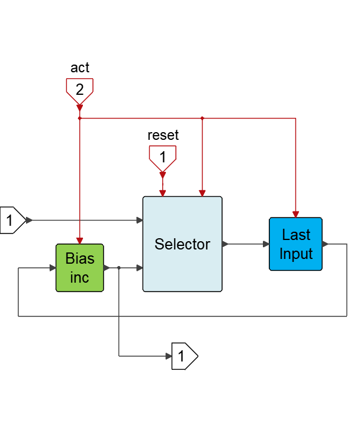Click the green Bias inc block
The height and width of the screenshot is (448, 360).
pos(80,268)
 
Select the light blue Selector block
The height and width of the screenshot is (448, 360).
pos(182,244)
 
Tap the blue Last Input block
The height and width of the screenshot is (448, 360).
pos(296,244)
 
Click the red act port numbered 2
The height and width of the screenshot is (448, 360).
pos(79,90)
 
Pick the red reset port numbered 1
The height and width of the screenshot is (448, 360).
pos(162,157)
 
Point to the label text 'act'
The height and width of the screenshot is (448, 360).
pos(80,68)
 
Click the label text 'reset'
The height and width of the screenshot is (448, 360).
pos(163,135)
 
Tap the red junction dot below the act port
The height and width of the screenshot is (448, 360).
pos(79,119)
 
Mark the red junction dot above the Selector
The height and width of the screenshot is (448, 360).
pos(202,119)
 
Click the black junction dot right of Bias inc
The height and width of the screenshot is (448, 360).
pos(119,268)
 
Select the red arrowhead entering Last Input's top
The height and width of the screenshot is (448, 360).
pos(295,214)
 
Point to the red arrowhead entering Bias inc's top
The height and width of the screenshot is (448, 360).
pos(79,240)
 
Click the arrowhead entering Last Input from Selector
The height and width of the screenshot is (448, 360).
pos(266,244)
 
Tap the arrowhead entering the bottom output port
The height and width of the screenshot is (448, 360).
pos(169,356)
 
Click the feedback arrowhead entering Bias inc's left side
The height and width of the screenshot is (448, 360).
pos(52,268)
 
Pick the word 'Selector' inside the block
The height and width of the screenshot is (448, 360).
pos(182,244)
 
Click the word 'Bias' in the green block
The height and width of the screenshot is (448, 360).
pos(80,259)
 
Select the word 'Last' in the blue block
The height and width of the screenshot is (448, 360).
pos(296,235)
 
